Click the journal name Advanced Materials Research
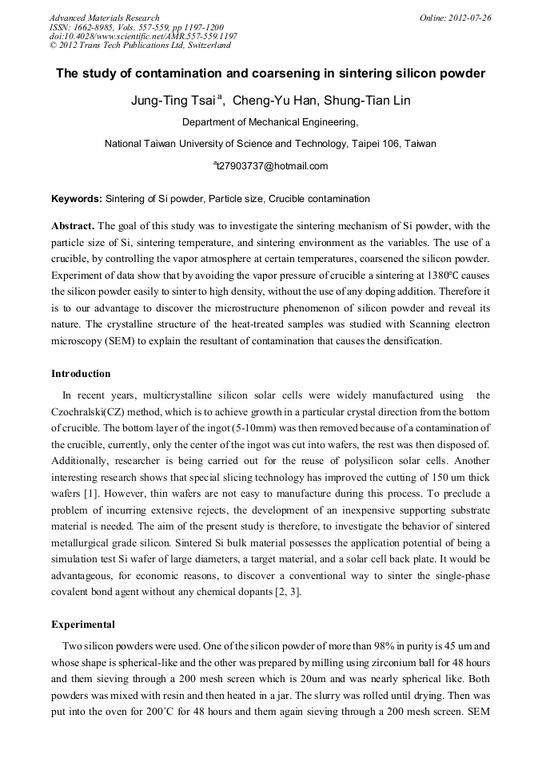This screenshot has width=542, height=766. click(104, 18)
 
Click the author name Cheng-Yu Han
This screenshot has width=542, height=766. click(269, 101)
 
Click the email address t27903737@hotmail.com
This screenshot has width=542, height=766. click(272, 166)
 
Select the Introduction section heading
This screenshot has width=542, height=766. click(81, 374)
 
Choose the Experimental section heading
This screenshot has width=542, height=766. click(83, 625)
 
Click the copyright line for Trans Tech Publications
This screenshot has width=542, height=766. click(140, 46)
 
